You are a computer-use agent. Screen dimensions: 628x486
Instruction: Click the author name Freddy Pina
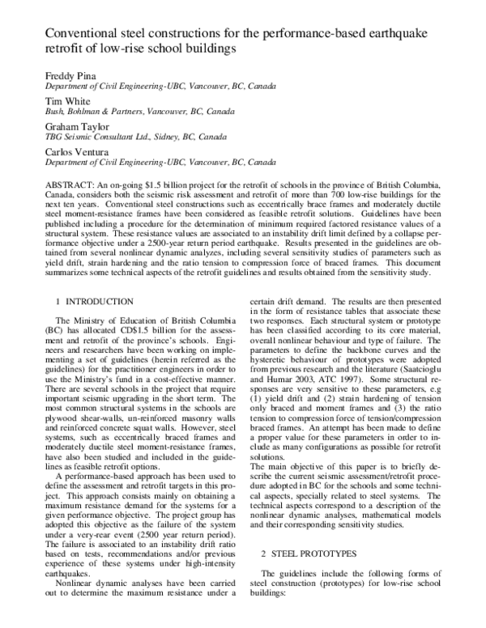point(67,74)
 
